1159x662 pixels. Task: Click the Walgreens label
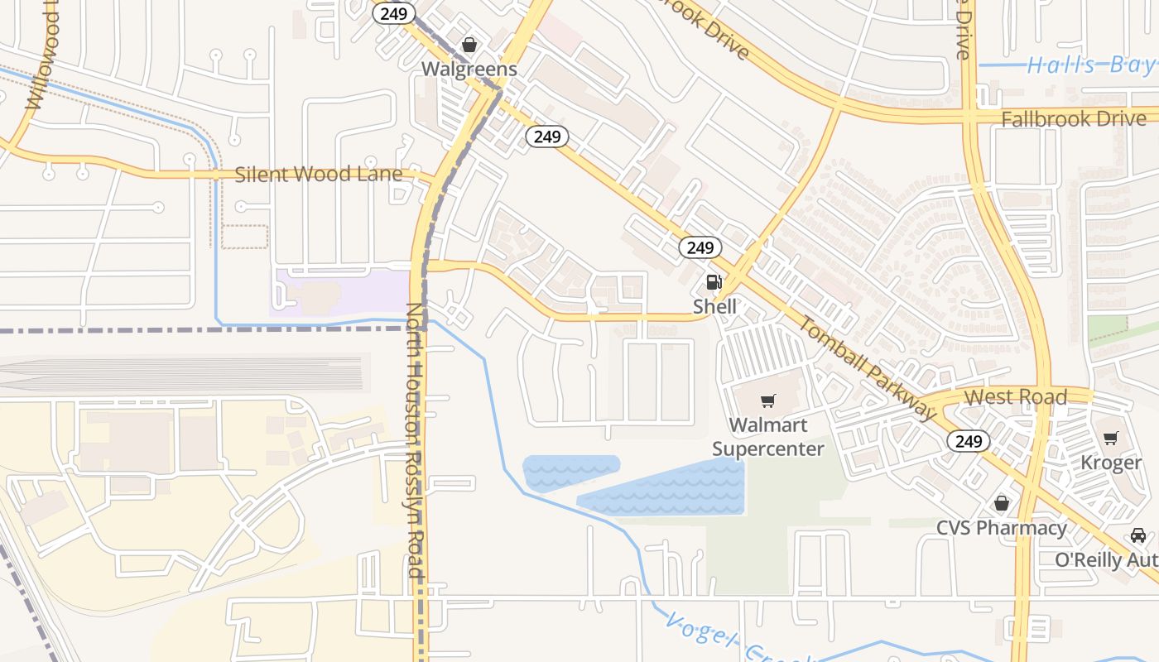[x=469, y=70]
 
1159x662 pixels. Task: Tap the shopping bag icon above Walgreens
[x=469, y=45]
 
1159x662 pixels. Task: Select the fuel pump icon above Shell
[x=714, y=282]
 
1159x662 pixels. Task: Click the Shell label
[x=714, y=306]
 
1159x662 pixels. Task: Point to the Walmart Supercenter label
[x=768, y=437]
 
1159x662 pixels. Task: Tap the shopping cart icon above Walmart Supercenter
[x=768, y=401]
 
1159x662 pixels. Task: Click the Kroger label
[x=1111, y=463]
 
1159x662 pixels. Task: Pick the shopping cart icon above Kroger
[x=1110, y=438]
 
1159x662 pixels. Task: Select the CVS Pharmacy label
[x=1002, y=528]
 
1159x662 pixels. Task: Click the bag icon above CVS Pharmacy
[x=1002, y=503]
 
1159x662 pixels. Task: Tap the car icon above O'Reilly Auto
[x=1138, y=535]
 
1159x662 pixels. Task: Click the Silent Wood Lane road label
[x=319, y=175]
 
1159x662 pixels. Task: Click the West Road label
[x=1016, y=397]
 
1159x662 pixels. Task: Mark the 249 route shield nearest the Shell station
[x=700, y=247]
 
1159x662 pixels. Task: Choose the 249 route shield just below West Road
[x=968, y=441]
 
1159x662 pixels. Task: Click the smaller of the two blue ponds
[x=570, y=470]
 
